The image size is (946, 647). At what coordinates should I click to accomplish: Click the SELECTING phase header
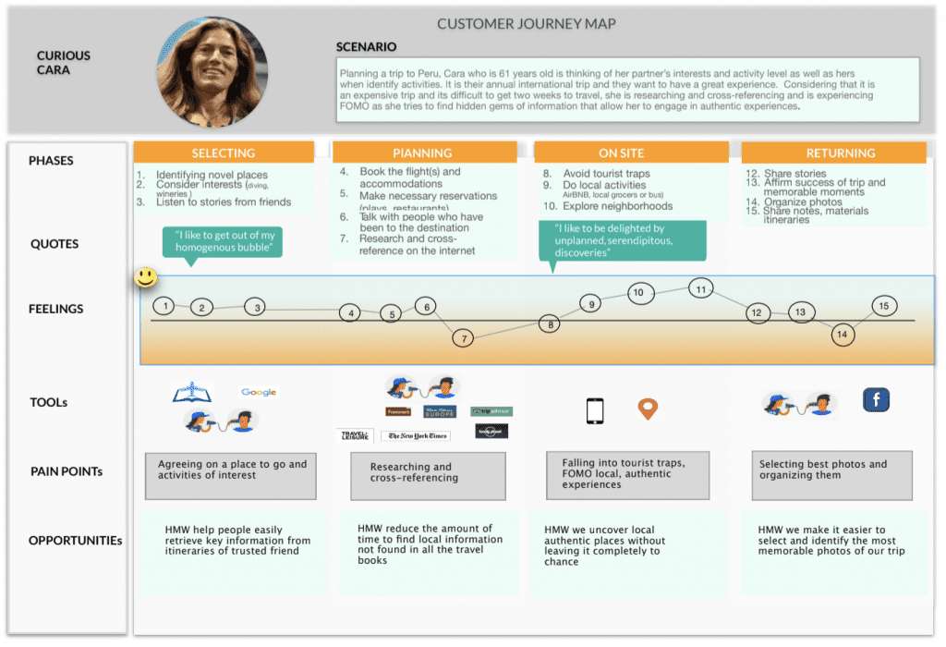click(224, 153)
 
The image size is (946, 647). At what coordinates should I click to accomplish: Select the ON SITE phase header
click(621, 153)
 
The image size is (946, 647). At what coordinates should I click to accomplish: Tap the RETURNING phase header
click(833, 153)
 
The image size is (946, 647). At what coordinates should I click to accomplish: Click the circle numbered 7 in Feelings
click(463, 337)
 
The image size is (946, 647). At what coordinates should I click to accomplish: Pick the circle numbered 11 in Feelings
click(701, 289)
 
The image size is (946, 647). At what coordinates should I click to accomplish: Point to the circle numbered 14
click(843, 335)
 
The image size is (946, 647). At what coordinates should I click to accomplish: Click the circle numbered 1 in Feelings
click(164, 306)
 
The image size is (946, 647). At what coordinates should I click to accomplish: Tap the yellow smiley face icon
click(145, 276)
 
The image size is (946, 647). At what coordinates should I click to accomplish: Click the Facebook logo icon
click(876, 399)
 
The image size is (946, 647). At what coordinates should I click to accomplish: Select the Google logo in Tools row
click(259, 392)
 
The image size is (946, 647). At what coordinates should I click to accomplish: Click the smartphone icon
click(596, 410)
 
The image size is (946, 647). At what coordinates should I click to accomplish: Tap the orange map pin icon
click(649, 409)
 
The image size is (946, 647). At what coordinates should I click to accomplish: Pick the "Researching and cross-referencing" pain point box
click(428, 473)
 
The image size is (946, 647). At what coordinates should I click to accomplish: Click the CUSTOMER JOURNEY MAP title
click(526, 24)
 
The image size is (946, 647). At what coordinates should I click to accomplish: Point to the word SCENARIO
click(367, 46)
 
